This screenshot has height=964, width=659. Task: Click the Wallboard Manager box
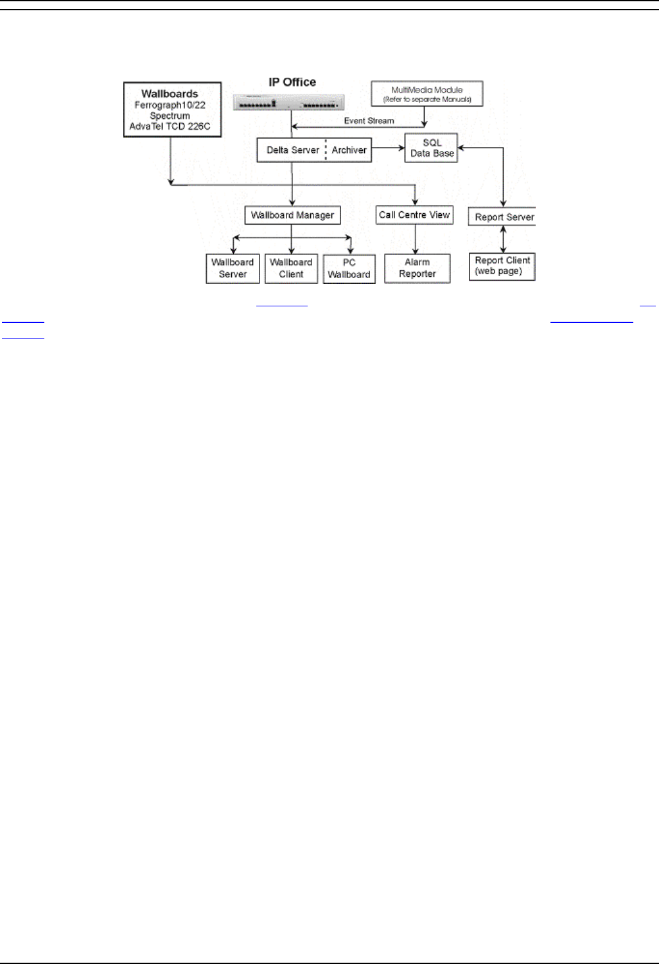pyautogui.click(x=292, y=215)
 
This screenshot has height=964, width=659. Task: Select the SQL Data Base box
pyautogui.click(x=432, y=148)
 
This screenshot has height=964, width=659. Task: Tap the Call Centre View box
pyautogui.click(x=414, y=215)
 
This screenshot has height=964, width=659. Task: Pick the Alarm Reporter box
pyautogui.click(x=417, y=268)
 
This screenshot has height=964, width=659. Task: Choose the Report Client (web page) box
pyautogui.click(x=502, y=266)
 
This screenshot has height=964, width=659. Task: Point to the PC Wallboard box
pyautogui.click(x=349, y=268)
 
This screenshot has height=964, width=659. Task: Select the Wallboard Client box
pyautogui.click(x=291, y=268)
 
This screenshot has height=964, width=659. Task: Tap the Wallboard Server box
pyautogui.click(x=233, y=268)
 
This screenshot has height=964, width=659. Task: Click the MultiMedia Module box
pyautogui.click(x=427, y=94)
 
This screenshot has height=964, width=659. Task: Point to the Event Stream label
pyautogui.click(x=369, y=121)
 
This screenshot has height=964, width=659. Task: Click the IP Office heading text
pyautogui.click(x=292, y=82)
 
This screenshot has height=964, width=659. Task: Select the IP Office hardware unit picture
pyautogui.click(x=288, y=103)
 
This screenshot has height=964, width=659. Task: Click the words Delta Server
pyautogui.click(x=293, y=150)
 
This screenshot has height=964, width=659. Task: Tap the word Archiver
pyautogui.click(x=349, y=150)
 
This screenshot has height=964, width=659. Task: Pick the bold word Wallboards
pyautogui.click(x=170, y=94)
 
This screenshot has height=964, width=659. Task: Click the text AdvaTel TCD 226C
pyautogui.click(x=170, y=127)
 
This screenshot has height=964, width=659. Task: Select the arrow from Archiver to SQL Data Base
pyautogui.click(x=388, y=149)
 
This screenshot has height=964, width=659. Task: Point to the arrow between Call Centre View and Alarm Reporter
pyautogui.click(x=416, y=239)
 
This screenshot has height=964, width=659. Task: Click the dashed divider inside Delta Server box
pyautogui.click(x=326, y=150)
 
